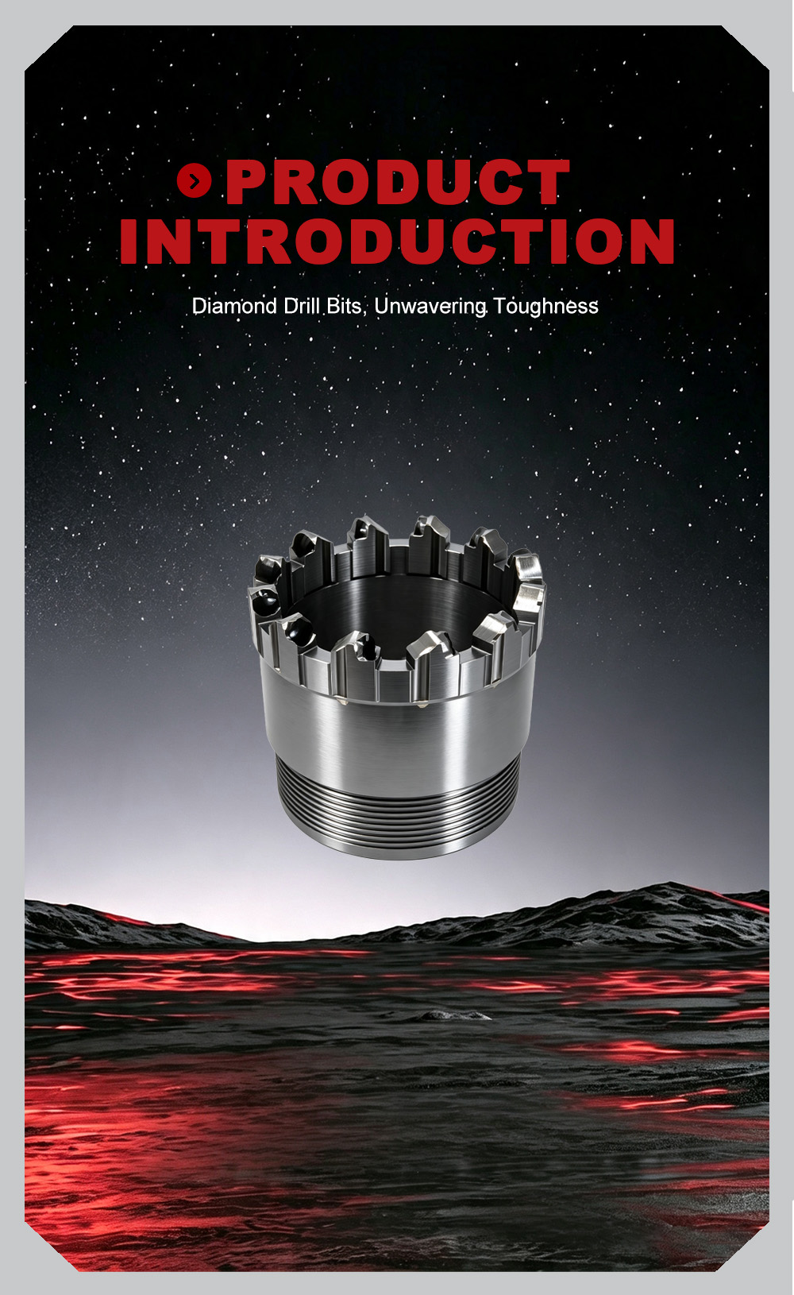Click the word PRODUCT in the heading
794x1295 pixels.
tap(398, 182)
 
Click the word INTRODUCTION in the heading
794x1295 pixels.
tap(397, 241)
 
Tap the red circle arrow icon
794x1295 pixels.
tap(195, 180)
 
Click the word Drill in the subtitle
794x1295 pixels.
tap(303, 306)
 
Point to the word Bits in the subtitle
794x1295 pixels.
tap(344, 306)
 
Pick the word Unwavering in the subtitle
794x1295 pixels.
tap(430, 307)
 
